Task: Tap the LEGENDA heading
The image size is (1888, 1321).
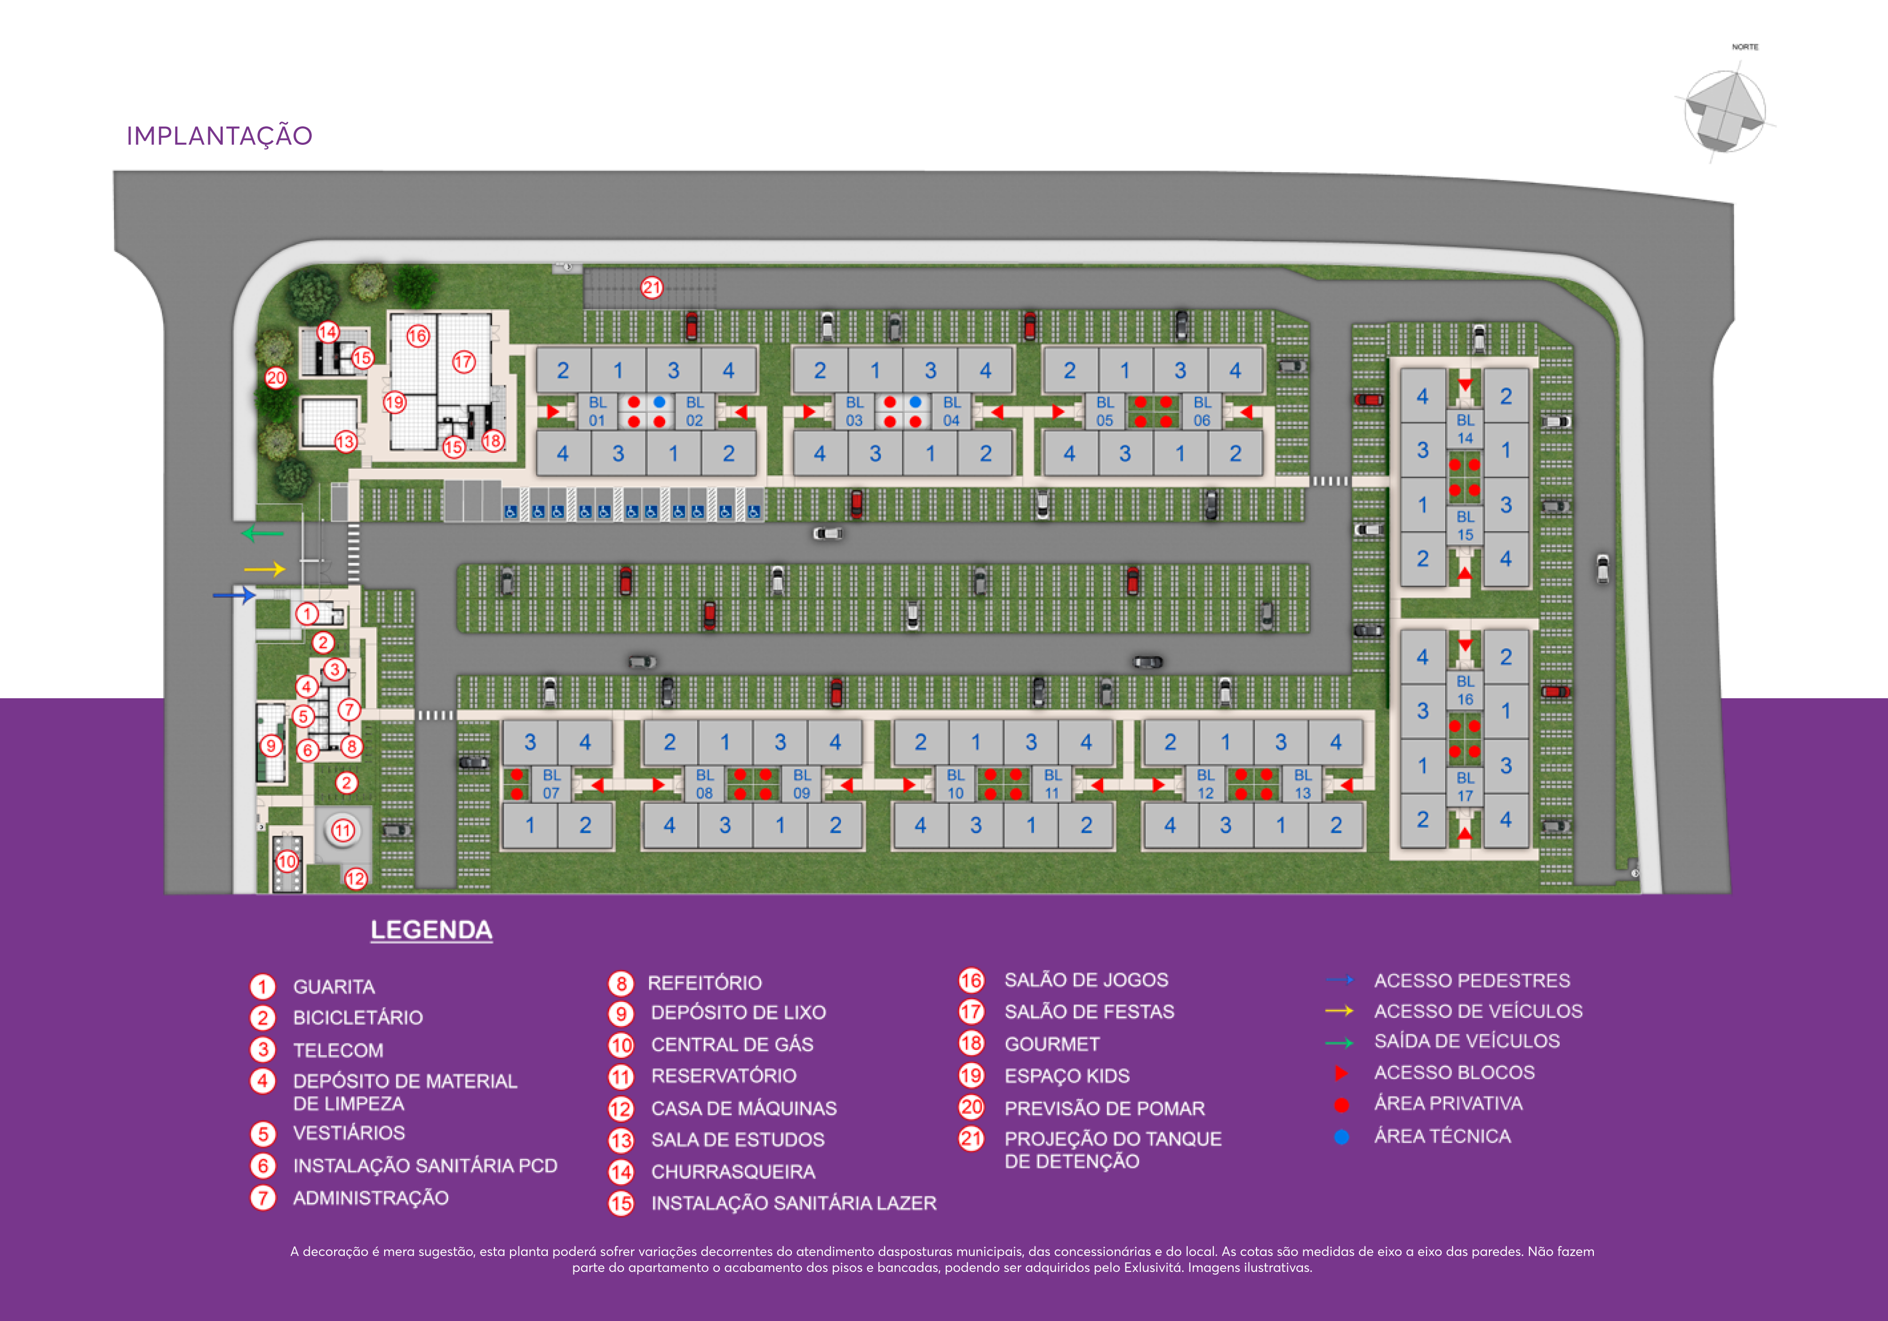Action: [x=431, y=929]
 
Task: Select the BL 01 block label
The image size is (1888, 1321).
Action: [x=597, y=411]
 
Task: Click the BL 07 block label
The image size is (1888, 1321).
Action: [x=551, y=784]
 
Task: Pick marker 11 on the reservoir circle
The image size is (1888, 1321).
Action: [x=343, y=830]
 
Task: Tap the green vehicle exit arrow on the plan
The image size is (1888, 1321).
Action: [x=262, y=534]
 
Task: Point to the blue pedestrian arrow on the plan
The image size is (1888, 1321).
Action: [x=234, y=594]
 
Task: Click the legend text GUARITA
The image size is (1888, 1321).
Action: [x=334, y=986]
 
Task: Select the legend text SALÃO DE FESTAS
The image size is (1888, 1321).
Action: [x=1089, y=1012]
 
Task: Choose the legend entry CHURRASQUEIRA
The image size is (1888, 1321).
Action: [x=733, y=1171]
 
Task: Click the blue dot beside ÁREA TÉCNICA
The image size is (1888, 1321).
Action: [x=1341, y=1137]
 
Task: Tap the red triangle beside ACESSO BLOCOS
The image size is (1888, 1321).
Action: [x=1340, y=1073]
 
